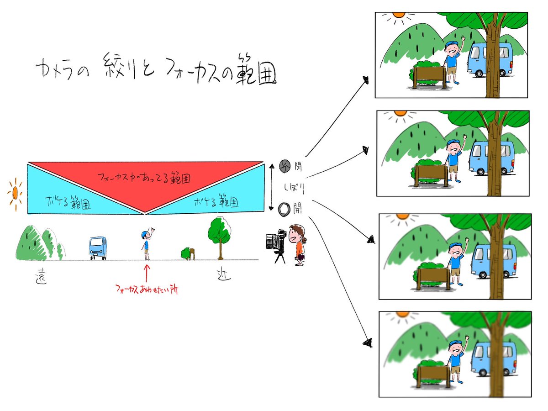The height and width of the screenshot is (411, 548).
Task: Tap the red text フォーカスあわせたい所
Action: [147, 289]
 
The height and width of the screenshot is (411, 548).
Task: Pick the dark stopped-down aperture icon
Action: [284, 166]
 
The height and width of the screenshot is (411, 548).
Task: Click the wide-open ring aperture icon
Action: [284, 208]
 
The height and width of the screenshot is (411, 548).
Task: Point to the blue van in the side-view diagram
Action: [98, 248]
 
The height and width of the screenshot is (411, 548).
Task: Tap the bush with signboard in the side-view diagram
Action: [188, 253]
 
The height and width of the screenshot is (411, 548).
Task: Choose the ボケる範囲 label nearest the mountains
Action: [67, 203]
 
